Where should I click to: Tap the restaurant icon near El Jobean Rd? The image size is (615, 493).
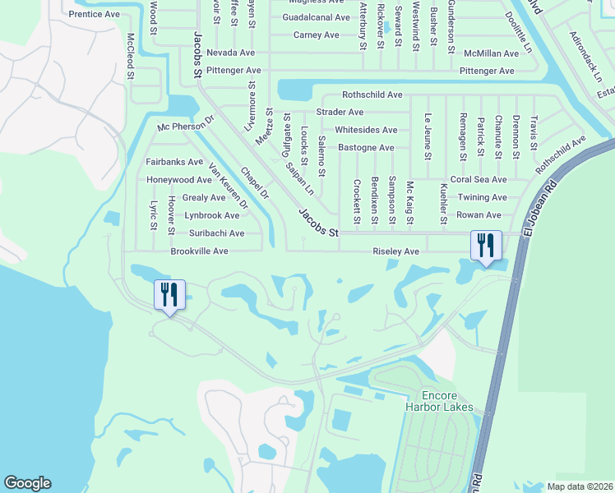point(485,245)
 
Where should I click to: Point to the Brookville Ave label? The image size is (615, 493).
point(199,251)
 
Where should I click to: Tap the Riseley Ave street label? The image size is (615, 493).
point(396,251)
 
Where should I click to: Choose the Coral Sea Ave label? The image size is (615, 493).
point(479,180)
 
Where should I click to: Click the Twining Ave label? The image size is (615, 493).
point(483,198)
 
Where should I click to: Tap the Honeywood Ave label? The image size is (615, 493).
point(180,180)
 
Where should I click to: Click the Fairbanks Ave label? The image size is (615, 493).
point(174,162)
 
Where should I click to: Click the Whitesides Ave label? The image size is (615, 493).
point(366,130)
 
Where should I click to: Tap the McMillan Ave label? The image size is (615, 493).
point(491,53)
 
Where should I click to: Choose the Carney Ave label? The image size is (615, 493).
point(317,35)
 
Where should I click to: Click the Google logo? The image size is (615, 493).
point(27,483)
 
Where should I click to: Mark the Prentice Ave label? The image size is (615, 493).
point(95,15)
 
